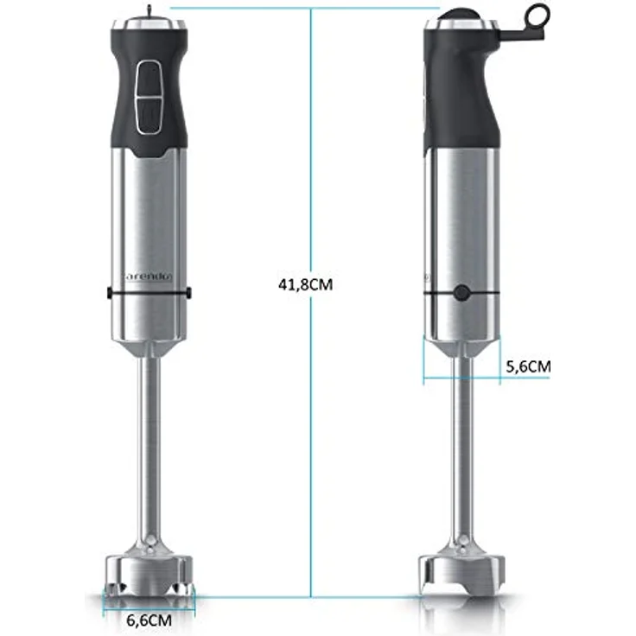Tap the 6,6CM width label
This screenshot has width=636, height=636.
coord(149,620)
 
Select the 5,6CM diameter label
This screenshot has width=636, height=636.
coord(526,366)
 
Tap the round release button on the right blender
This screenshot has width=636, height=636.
coord(461,293)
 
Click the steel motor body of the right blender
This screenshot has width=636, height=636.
coord(462,225)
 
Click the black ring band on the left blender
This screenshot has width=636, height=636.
coord(149,294)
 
